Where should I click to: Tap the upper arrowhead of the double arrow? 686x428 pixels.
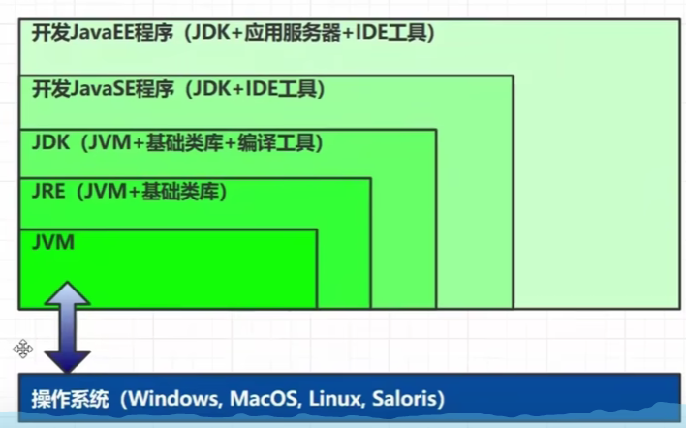(67, 292)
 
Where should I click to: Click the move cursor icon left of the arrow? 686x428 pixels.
(23, 349)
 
